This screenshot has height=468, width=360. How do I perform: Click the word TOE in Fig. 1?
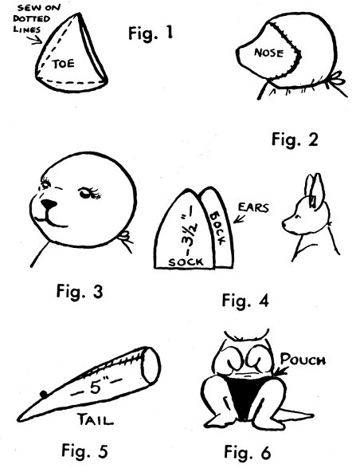click(63, 64)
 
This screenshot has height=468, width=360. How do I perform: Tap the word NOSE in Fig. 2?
click(268, 53)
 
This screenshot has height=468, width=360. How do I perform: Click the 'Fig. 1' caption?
click(151, 33)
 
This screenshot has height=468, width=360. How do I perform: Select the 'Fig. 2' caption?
click(295, 140)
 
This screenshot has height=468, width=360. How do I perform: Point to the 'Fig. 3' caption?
click(80, 291)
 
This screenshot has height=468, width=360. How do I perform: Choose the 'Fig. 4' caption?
click(245, 301)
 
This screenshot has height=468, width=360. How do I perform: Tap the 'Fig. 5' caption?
click(84, 450)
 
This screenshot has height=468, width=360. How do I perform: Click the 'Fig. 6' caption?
click(247, 452)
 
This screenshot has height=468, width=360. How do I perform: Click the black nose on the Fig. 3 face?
click(49, 204)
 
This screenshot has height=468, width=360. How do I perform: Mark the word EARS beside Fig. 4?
click(253, 207)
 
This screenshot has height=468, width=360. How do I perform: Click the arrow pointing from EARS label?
click(239, 218)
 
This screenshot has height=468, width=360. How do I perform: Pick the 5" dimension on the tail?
click(96, 387)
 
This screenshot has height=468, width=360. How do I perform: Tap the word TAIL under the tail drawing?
click(96, 419)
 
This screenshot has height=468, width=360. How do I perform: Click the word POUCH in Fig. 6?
click(303, 360)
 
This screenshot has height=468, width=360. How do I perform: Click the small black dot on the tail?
click(44, 395)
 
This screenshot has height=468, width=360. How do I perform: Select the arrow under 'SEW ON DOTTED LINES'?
click(35, 40)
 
